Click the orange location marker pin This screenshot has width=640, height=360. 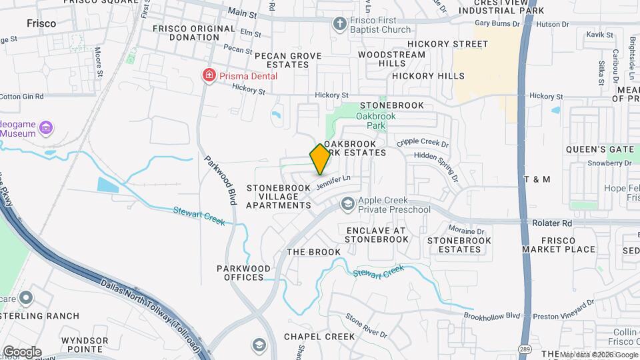(320, 159)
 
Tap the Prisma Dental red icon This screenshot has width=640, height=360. (209, 75)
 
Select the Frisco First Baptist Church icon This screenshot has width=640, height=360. (339, 24)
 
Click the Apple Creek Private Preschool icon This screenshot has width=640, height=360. (347, 204)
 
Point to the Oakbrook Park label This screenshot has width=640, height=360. (375, 121)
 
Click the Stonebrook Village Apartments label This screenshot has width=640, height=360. (279, 197)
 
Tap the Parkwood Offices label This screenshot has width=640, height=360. (244, 273)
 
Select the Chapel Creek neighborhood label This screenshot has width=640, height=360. (319, 337)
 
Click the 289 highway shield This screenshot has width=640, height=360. (526, 348)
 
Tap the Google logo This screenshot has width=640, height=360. (22, 352)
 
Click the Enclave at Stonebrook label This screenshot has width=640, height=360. (376, 235)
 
